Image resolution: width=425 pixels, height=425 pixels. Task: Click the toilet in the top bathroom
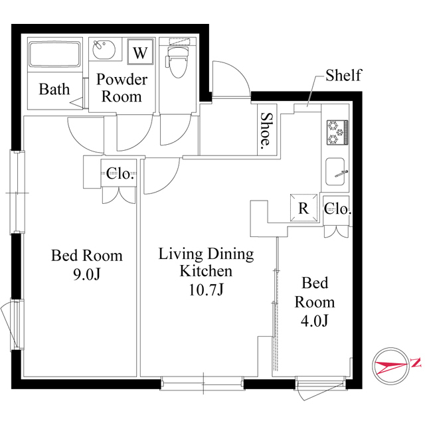(x=178, y=60)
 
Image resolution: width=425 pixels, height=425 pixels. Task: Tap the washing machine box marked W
(x=140, y=52)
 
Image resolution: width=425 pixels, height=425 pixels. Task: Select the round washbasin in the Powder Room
(x=104, y=49)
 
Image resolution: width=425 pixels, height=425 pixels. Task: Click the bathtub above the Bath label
(x=54, y=54)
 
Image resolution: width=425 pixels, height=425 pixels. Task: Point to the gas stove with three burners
(x=337, y=133)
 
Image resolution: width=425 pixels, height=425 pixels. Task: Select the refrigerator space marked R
(x=303, y=208)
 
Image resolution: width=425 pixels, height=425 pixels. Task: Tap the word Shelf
(x=343, y=75)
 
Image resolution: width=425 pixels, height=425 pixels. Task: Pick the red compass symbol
(x=390, y=366)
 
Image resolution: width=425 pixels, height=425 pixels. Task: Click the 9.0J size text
(x=87, y=274)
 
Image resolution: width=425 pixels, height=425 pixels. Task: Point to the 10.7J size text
(x=206, y=290)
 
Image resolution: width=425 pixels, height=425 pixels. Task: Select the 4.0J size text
(x=314, y=320)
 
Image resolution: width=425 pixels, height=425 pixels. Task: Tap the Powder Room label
(x=122, y=88)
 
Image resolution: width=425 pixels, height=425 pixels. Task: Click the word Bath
(x=54, y=89)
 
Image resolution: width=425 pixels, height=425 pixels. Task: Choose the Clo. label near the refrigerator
(x=337, y=209)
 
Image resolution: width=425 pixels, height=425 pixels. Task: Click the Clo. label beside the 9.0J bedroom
(x=120, y=173)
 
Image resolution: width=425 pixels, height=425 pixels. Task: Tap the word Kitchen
(x=206, y=271)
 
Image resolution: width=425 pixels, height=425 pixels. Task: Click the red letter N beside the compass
(x=416, y=363)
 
